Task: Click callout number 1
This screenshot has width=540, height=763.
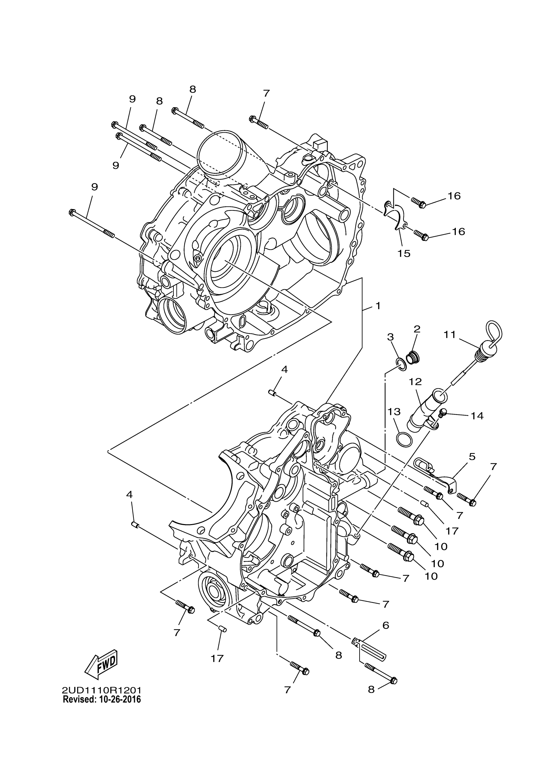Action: (378, 306)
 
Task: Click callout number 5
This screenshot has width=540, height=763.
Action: (472, 457)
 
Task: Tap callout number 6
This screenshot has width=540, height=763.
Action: (386, 625)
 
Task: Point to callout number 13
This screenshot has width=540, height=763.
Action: (394, 412)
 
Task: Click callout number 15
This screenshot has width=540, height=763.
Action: (404, 253)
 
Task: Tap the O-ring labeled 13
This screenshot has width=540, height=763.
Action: (404, 440)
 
